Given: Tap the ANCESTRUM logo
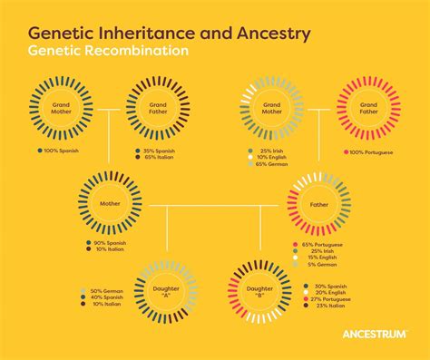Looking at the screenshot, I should point(375,334).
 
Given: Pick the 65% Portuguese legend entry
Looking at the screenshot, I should point(325,246).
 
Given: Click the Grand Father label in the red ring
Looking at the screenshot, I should point(368,109).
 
